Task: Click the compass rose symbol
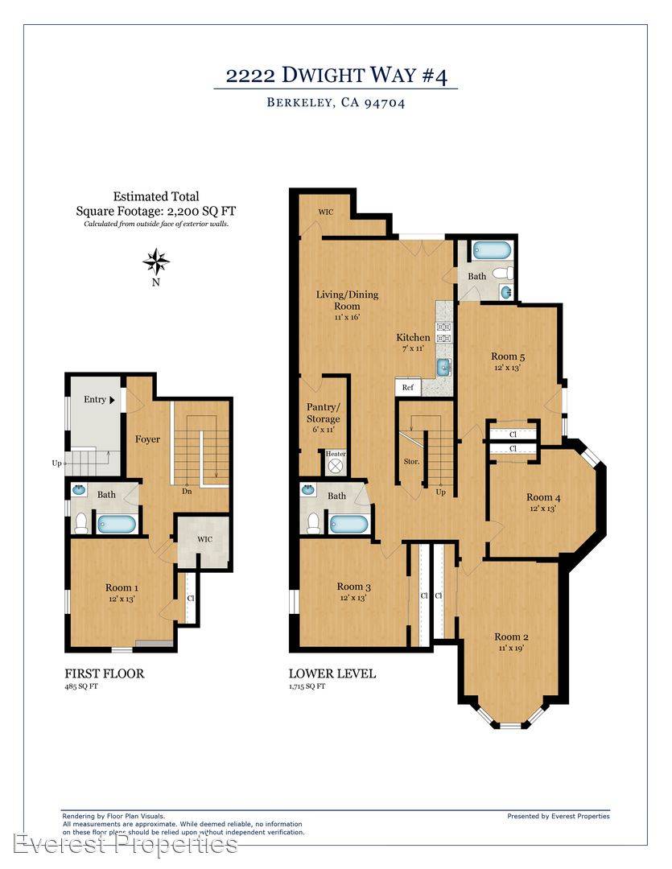click(156, 262)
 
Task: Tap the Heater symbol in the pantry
click(335, 465)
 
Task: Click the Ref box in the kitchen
click(408, 387)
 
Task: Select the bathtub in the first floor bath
click(117, 524)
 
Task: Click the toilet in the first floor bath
click(81, 523)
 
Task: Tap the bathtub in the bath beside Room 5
click(492, 250)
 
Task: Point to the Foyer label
click(147, 439)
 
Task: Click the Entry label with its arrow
click(99, 400)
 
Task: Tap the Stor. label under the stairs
click(411, 461)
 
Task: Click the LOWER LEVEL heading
click(332, 673)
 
